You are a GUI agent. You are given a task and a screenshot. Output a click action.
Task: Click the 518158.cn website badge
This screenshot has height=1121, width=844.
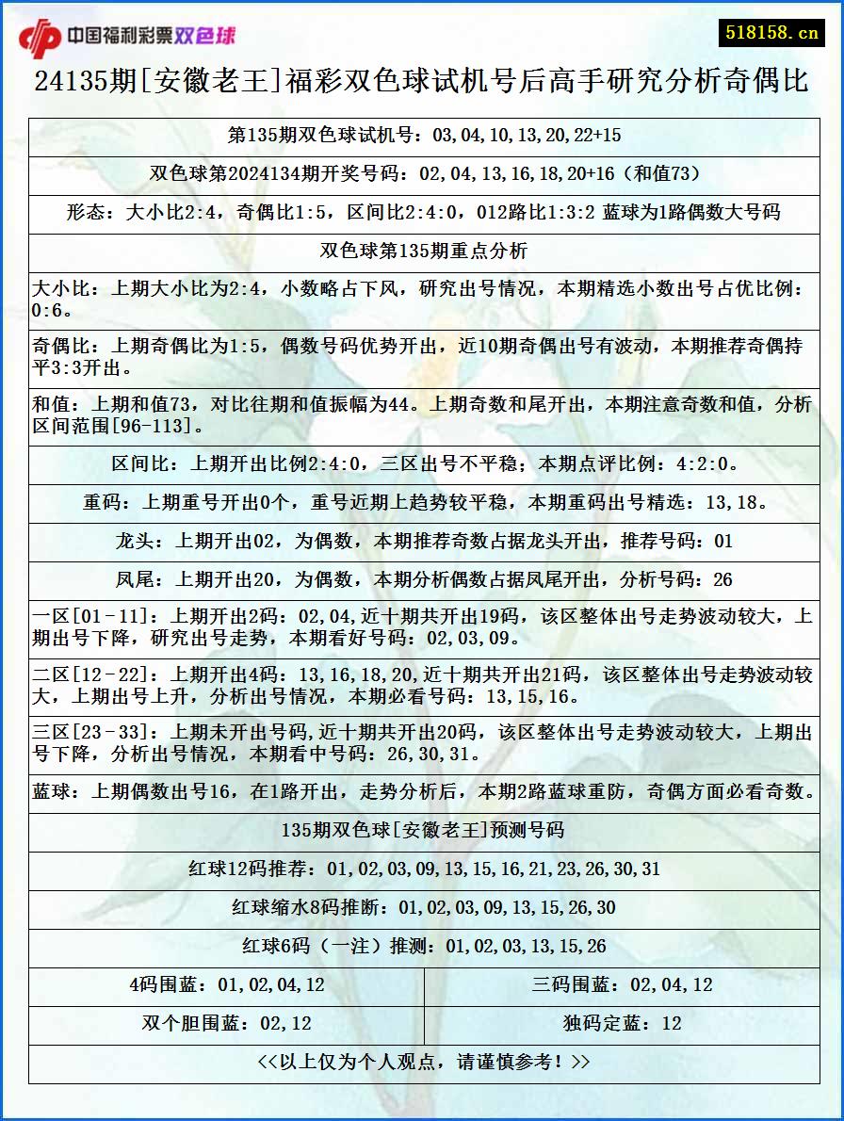771,32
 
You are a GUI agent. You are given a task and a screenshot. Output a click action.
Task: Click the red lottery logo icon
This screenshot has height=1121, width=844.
39,37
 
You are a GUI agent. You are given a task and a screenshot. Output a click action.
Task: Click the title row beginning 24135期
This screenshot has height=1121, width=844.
422,82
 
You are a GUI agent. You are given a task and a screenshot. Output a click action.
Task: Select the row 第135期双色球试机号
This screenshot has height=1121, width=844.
424,135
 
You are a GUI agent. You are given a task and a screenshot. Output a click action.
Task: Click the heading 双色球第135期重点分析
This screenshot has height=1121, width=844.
424,251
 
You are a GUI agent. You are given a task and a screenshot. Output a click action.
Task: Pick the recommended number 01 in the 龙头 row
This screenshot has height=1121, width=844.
722,542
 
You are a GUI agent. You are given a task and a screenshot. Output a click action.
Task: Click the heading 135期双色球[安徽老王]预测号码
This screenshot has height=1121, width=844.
424,830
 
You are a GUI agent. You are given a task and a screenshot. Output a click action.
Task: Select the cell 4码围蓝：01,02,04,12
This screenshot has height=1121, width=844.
226,985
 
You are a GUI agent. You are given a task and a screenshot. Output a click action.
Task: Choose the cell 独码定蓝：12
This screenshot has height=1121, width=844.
622,1024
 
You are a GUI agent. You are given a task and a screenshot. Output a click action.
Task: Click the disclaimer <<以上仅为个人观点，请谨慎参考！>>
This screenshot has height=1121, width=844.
424,1063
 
